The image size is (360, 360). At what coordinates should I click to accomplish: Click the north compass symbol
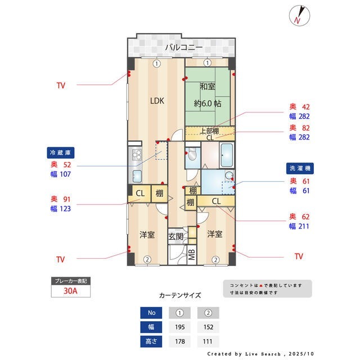click(x=299, y=15)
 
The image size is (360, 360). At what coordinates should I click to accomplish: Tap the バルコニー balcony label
click(x=184, y=47)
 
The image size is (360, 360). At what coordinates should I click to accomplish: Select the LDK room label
click(x=157, y=101)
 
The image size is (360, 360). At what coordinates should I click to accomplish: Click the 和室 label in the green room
click(x=208, y=87)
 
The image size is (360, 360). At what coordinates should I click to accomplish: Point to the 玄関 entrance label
click(x=175, y=236)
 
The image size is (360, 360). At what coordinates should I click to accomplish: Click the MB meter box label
click(x=191, y=255)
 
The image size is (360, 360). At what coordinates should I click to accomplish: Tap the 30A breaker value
click(x=70, y=291)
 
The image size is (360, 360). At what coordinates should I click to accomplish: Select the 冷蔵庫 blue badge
click(x=61, y=152)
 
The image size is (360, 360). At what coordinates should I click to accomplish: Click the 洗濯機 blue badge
click(x=300, y=168)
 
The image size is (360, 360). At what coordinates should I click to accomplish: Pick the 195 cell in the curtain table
click(x=180, y=327)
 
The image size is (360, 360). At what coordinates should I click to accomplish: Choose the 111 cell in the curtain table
click(x=208, y=341)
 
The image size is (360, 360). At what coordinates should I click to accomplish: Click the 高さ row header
click(x=151, y=341)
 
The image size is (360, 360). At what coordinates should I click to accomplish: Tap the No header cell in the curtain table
click(x=151, y=313)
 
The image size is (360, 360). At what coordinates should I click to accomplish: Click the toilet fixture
click(x=192, y=154)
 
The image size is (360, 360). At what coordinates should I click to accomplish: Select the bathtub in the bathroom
click(x=227, y=155)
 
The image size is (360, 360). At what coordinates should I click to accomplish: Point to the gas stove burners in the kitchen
click(x=137, y=154)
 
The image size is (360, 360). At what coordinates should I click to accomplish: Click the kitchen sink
click(x=137, y=176)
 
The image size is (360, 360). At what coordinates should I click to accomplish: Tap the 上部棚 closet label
click(x=209, y=131)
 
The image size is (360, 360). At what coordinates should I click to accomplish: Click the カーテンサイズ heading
click(x=180, y=295)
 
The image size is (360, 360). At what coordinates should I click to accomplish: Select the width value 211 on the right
click(x=304, y=226)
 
